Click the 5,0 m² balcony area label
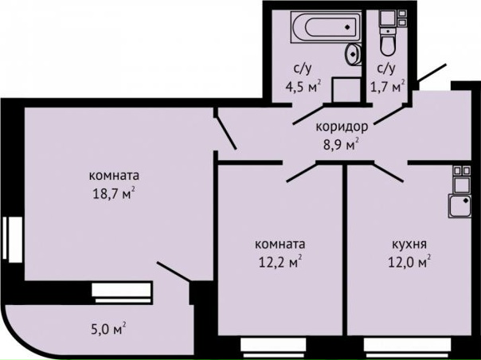(x=107, y=327)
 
